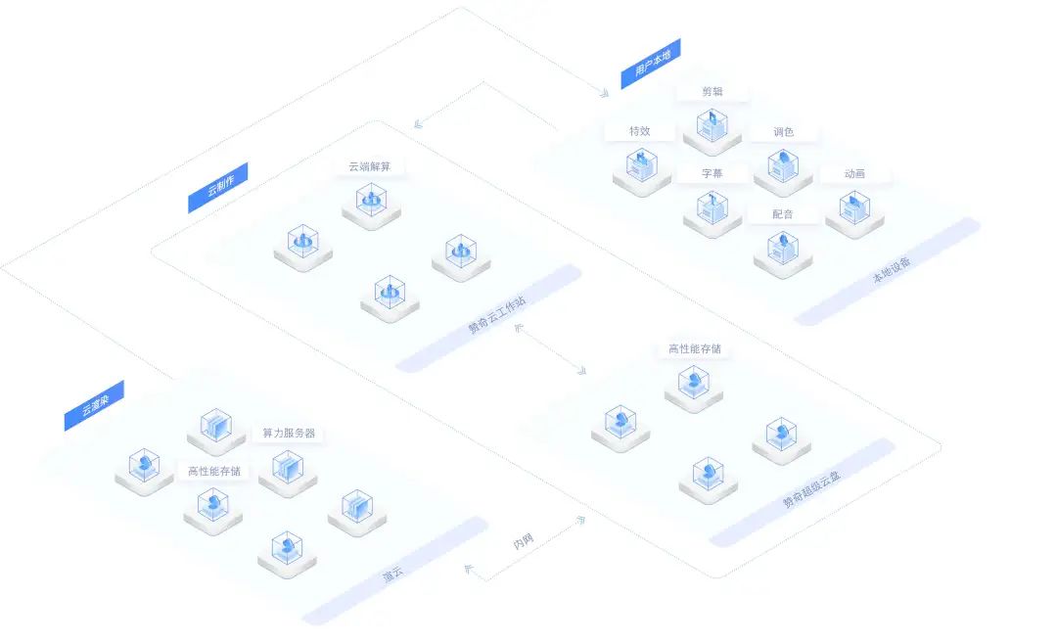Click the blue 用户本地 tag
(x=651, y=64)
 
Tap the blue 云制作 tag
(x=217, y=187)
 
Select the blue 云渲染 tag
(x=94, y=405)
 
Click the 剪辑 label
(x=712, y=92)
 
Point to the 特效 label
(x=640, y=131)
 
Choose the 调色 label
(x=783, y=132)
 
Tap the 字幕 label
(x=712, y=173)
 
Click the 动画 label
(x=854, y=174)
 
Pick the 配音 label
(x=783, y=214)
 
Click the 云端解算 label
(x=369, y=166)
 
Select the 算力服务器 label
(x=289, y=433)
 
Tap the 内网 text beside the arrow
(x=523, y=540)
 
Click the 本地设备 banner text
(x=892, y=269)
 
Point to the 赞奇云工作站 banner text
(x=497, y=314)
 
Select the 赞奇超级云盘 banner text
(x=811, y=489)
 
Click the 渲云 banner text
(x=392, y=574)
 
